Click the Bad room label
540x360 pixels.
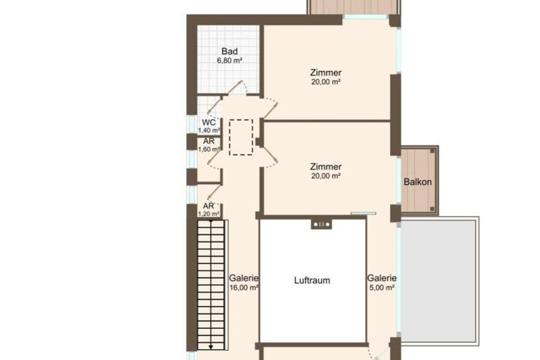(230, 51)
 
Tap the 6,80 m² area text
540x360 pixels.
(230, 60)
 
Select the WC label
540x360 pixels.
(209, 122)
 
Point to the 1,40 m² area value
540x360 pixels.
(209, 130)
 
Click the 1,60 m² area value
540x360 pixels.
(209, 149)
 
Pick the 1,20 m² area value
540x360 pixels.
(209, 214)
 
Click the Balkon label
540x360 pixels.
(418, 182)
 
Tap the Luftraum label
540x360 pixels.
(312, 280)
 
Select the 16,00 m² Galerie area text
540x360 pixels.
(244, 288)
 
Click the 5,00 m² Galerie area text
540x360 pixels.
(382, 288)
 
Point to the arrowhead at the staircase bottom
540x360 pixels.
(211, 346)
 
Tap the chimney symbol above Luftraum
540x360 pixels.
(322, 224)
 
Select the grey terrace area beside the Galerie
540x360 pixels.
(440, 280)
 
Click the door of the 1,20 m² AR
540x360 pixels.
(214, 192)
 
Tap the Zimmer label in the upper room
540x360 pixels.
(326, 73)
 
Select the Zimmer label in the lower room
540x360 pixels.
(326, 167)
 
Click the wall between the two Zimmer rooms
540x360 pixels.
(327, 121)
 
